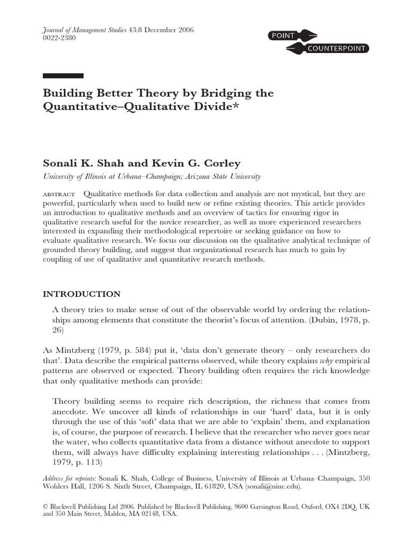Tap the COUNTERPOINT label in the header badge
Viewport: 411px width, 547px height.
[x=337, y=49]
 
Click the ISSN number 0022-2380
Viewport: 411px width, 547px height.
[x=59, y=39]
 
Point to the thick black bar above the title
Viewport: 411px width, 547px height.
[x=63, y=75]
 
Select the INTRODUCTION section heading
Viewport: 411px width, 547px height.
[x=81, y=294]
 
